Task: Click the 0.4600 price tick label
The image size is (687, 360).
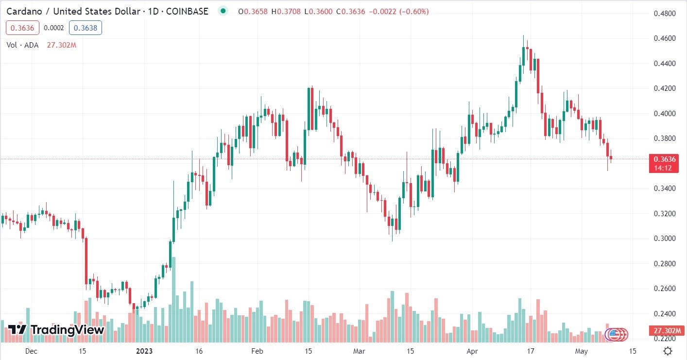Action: pos(664,38)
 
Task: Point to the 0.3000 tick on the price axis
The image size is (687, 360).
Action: pos(664,239)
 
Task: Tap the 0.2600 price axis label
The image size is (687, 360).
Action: pos(664,289)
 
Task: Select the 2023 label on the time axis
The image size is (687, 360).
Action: pos(144,351)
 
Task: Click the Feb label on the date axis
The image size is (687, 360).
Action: pos(257,351)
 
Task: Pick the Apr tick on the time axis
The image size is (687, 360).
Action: pos(471,351)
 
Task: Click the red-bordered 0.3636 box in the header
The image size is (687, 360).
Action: pos(22,28)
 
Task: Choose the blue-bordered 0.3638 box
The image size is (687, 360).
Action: pos(86,28)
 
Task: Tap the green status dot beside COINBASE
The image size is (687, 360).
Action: pos(223,11)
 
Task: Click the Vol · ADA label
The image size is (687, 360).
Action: pos(22,45)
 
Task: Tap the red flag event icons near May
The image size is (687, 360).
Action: pos(618,334)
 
